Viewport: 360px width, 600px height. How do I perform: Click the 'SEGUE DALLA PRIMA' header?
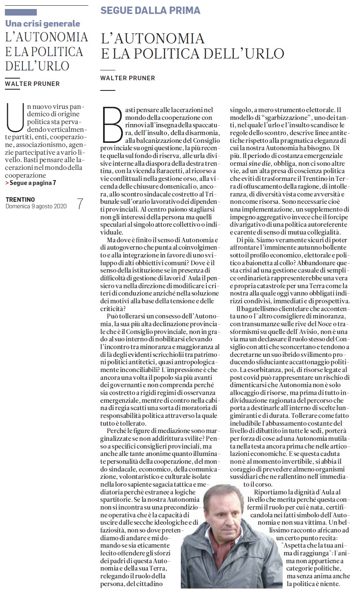click(150, 10)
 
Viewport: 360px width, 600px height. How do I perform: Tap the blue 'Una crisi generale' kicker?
click(43, 23)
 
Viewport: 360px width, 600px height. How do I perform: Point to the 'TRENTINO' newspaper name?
click(20, 199)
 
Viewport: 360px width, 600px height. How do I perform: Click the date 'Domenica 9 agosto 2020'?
click(36, 206)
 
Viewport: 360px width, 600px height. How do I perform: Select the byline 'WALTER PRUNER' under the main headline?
click(128, 78)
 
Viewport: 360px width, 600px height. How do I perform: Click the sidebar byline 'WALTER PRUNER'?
click(32, 83)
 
